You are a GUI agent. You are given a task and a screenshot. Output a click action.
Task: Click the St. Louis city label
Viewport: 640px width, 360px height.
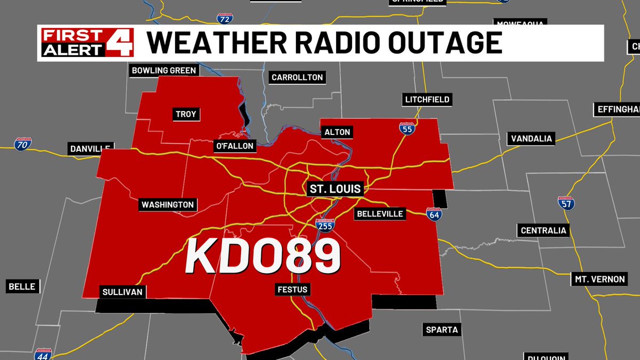point(335,188)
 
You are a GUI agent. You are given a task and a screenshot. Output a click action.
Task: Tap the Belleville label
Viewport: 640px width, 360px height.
point(380,214)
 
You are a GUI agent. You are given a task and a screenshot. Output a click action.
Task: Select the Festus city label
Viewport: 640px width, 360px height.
point(292,290)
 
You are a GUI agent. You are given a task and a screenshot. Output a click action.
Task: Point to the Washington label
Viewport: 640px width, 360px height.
point(167,204)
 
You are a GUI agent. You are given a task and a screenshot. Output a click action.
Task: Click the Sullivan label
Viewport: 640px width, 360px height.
point(123,292)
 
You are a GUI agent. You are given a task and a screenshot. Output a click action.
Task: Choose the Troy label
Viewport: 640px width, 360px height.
point(186,114)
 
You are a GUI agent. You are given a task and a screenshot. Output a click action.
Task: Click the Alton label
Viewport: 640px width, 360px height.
point(337,132)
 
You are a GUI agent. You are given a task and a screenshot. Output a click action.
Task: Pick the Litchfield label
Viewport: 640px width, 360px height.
point(427,99)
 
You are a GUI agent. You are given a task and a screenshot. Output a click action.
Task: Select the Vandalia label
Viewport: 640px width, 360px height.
point(532,139)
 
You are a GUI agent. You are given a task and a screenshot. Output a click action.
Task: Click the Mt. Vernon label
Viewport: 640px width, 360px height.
point(600,279)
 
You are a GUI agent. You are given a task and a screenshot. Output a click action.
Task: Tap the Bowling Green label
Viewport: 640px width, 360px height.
point(164,70)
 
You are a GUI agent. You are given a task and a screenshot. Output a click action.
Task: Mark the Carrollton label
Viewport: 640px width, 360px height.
point(297,77)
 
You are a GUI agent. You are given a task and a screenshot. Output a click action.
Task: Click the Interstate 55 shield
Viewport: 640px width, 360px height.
point(406,128)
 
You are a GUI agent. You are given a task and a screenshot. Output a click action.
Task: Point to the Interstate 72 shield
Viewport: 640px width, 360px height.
point(225,18)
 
